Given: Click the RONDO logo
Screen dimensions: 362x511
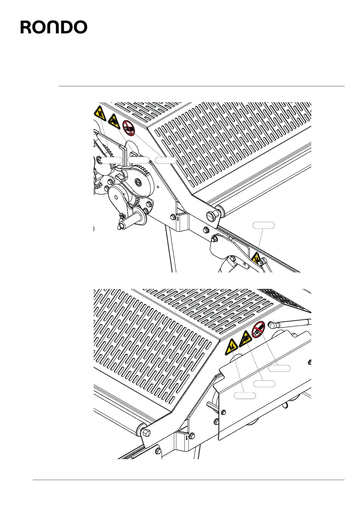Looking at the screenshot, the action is click(54, 27).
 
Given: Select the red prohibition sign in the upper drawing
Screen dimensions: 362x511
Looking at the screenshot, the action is click(129, 128).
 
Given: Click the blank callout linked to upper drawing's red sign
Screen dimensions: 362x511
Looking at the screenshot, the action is click(166, 160).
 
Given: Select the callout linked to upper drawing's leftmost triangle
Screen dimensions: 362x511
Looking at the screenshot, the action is click(111, 160).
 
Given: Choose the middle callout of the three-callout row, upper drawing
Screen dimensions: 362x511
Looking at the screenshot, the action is click(139, 160).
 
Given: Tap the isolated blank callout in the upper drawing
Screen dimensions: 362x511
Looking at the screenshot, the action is click(264, 225).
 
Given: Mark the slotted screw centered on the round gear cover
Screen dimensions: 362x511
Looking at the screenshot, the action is click(138, 182).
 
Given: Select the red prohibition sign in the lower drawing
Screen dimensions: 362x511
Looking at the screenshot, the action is click(258, 330).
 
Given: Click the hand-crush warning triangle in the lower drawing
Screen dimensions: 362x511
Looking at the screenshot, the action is click(231, 347).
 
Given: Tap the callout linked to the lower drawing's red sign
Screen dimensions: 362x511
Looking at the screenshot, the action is click(279, 368).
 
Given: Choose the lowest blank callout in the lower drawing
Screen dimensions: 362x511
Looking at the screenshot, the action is click(245, 395).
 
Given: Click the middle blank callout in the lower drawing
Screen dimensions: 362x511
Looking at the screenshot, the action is click(264, 383).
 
